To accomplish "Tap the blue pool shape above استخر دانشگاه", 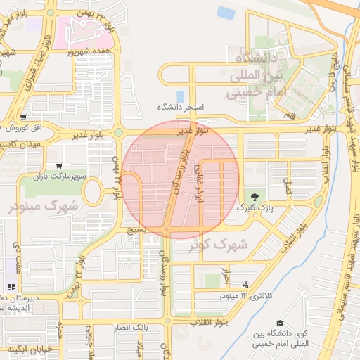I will pos(181,96).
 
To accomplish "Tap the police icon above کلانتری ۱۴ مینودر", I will pos(245,285).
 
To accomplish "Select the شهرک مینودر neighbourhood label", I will pos(44,207).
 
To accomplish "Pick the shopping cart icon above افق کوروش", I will pos(24,117).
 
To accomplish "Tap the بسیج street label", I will pos(135,229).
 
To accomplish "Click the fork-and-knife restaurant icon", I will pos(11,287).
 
